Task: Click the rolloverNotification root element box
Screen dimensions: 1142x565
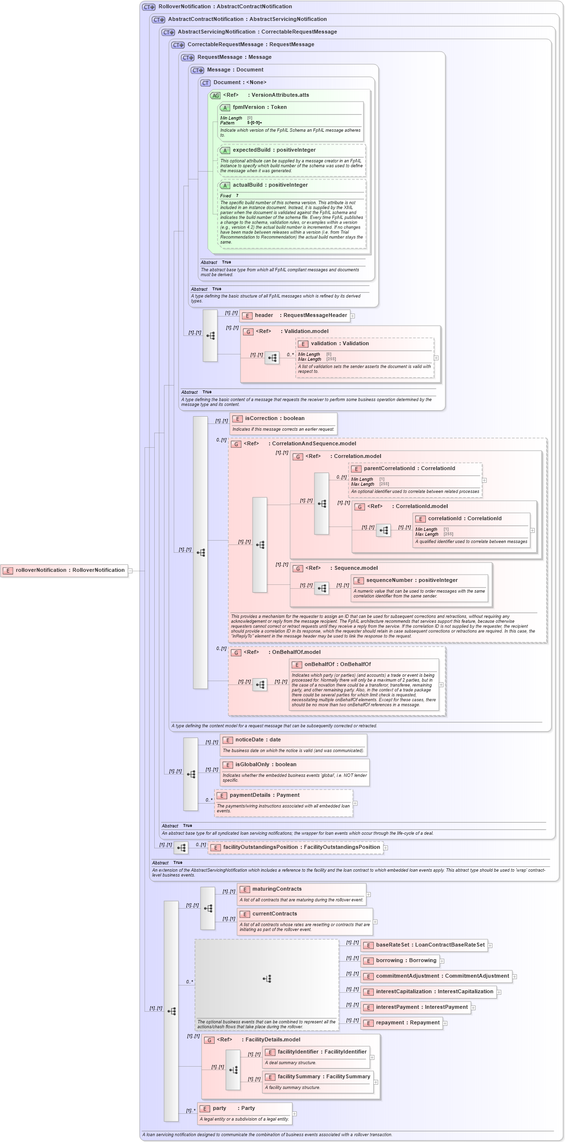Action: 64,570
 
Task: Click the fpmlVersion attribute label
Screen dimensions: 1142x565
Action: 259,107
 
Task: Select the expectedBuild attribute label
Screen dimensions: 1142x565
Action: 274,150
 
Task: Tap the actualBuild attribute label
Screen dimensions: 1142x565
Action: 270,185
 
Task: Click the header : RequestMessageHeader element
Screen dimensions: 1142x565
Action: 295,316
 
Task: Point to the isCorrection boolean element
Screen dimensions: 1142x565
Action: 274,419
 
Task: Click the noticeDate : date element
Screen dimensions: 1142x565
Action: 258,740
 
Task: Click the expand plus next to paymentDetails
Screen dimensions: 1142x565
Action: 355,803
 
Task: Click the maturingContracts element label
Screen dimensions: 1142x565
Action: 276,889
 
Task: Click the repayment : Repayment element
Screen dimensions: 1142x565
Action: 402,1023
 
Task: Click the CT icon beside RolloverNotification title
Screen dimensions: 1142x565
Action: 148,7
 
